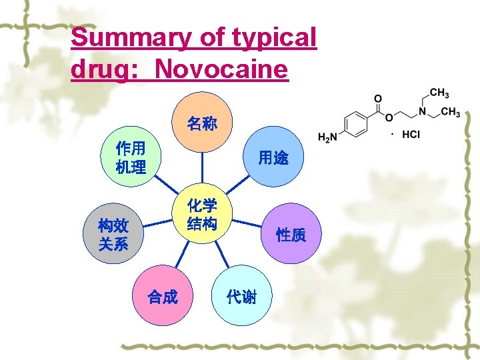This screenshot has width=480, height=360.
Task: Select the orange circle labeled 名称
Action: tap(202, 123)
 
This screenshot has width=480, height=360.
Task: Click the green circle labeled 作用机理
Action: tap(131, 157)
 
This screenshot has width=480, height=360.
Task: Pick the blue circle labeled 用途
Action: tap(273, 157)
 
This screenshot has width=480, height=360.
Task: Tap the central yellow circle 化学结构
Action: tap(202, 214)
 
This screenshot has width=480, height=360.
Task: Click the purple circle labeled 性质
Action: tap(291, 234)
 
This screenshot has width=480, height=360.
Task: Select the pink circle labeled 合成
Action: tap(163, 296)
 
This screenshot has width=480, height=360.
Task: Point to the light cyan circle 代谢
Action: tap(241, 296)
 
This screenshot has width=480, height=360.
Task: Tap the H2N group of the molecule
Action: tap(327, 138)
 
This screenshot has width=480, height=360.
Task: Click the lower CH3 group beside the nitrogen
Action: tap(449, 112)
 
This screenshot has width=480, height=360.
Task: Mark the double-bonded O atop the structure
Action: tap(377, 97)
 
